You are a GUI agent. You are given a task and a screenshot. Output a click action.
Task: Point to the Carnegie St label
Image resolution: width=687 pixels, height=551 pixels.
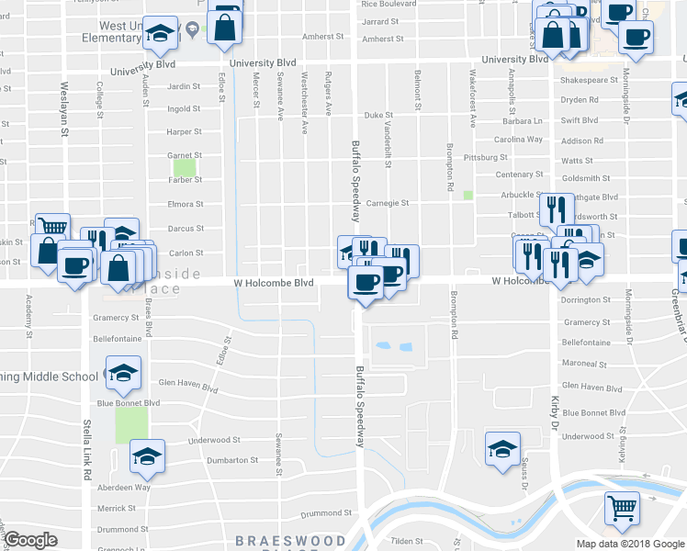click(387, 203)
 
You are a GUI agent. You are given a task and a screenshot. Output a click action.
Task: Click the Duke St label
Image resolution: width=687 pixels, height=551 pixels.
click(372, 116)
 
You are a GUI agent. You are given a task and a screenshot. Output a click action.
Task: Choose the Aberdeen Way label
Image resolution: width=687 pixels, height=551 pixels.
click(124, 488)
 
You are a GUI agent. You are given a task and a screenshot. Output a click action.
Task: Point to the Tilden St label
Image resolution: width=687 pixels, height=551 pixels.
click(408, 542)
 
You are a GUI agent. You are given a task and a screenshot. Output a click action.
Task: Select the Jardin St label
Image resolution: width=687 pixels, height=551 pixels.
click(185, 87)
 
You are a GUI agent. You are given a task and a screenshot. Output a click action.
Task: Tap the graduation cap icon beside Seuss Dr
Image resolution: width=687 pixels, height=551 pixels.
click(502, 448)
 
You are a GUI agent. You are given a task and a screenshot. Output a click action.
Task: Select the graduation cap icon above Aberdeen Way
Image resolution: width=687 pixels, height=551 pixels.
click(147, 455)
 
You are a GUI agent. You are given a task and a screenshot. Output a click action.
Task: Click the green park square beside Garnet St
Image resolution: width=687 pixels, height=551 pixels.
click(185, 168)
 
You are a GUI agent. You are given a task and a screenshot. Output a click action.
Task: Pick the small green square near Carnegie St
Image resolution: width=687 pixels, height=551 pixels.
click(468, 195)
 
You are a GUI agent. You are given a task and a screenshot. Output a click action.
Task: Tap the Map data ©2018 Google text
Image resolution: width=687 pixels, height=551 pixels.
click(629, 544)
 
